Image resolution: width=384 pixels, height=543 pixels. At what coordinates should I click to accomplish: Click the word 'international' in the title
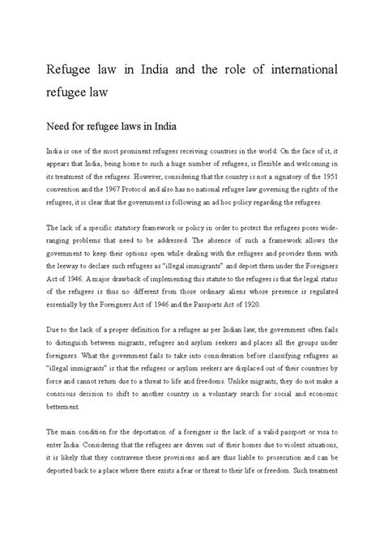[297, 68]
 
